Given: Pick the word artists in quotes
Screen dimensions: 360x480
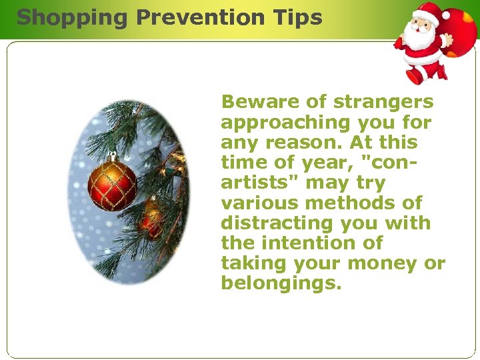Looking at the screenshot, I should coord(253,183).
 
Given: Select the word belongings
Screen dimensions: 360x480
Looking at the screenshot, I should coord(281,283).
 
